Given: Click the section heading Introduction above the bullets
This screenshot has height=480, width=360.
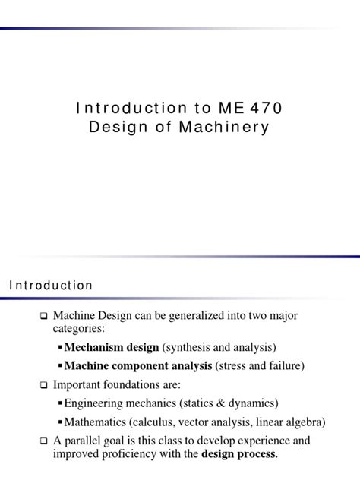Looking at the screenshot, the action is pos(51,286).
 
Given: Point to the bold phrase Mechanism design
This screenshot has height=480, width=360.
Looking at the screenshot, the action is pos(112,347).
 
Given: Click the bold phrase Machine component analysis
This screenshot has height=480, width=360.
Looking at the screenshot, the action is pos(138,366).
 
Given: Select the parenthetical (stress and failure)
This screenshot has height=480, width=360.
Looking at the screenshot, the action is pos(260,366).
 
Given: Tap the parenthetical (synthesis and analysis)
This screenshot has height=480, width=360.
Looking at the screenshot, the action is pos(219,347).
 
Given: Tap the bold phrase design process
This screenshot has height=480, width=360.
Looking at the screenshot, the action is pos(238,454).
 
